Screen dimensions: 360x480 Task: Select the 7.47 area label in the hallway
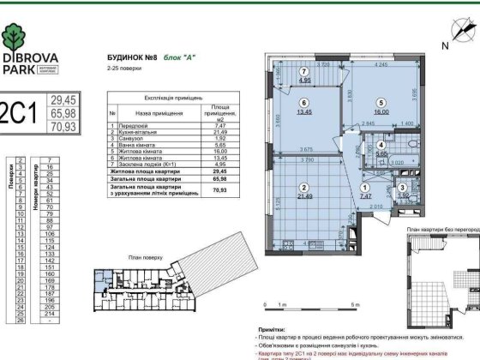pos(365,195)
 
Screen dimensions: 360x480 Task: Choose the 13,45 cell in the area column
pos(214,157)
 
